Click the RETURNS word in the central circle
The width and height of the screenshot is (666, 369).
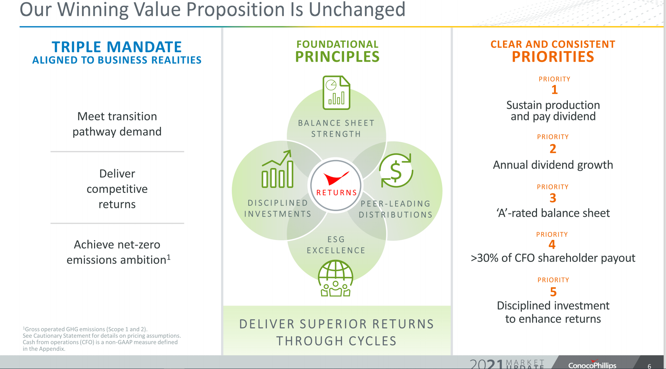point(336,193)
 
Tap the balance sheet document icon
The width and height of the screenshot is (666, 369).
point(336,93)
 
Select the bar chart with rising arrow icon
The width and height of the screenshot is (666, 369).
point(278,169)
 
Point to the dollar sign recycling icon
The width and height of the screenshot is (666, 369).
point(396,170)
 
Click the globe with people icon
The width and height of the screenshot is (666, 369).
point(335,278)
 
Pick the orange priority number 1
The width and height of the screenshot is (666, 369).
point(554,90)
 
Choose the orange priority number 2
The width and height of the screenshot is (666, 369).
point(553,149)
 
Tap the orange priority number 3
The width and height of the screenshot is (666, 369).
point(553,198)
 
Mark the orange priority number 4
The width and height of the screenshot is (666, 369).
point(552,244)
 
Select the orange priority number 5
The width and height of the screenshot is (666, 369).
point(553,292)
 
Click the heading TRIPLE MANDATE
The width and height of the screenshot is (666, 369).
point(117,47)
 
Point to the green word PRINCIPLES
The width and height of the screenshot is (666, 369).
point(337,57)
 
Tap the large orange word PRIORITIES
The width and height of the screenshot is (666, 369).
point(553,57)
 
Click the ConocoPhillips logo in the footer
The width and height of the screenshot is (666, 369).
point(592,365)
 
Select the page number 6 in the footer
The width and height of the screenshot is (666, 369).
point(649,366)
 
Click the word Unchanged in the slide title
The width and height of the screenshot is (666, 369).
point(357,10)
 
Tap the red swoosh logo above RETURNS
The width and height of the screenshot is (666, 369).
point(336,178)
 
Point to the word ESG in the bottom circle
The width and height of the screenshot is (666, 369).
point(336,239)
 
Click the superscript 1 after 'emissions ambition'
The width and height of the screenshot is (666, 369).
point(169,257)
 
